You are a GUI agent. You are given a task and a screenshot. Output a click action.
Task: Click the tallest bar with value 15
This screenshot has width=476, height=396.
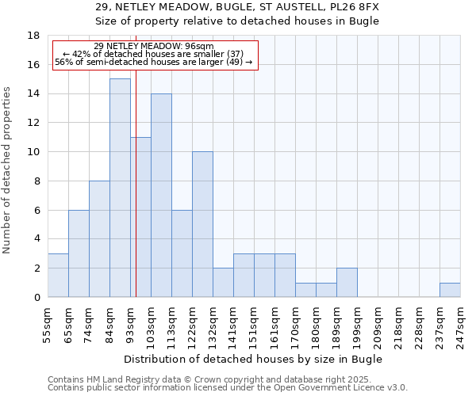[120, 188]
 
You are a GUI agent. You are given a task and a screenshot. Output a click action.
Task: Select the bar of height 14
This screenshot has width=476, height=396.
[161, 195]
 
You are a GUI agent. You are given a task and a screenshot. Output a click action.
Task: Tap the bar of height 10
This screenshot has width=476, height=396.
[202, 224]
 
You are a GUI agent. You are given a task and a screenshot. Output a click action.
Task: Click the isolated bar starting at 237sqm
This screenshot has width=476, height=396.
[450, 290]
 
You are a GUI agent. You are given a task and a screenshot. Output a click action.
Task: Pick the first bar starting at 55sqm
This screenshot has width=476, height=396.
[58, 276]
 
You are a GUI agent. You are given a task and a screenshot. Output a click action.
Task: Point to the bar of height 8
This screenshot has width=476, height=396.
[99, 238]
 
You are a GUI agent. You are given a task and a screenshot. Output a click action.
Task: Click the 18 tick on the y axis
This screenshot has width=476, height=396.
[33, 36]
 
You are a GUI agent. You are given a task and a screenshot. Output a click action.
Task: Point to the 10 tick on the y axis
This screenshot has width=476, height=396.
[33, 152]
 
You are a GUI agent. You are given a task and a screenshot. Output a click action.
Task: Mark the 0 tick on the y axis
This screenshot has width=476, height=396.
[36, 298]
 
